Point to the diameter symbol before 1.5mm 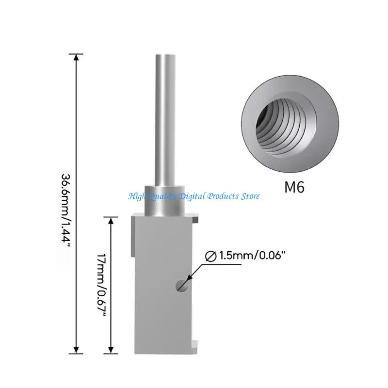tap(211, 256)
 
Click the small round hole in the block tap(182, 285)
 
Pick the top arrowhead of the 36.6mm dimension tap(76, 57)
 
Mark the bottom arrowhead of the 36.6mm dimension tap(76, 349)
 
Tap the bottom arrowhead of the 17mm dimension tap(112, 349)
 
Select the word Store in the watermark tap(249, 196)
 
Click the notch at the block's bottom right tap(195, 345)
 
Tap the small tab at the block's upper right tap(195, 220)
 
